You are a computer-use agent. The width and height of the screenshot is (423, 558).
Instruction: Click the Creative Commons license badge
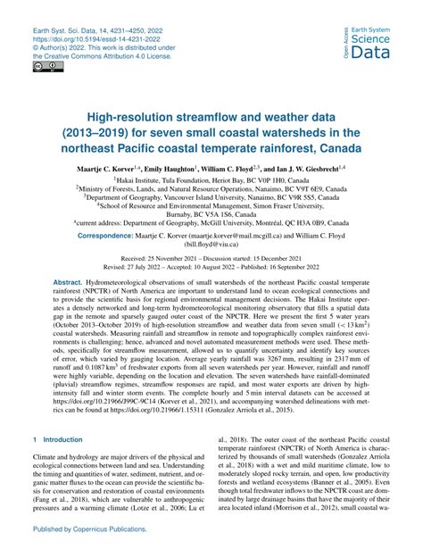pyautogui.click(x=43, y=68)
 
